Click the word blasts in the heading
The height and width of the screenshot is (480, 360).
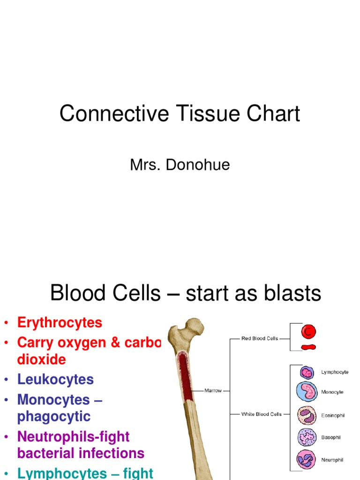pos(290,294)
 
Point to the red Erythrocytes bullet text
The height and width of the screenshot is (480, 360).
pos(60,322)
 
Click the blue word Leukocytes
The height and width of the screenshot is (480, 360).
pos(55,379)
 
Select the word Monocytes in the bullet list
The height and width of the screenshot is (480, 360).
pos(53,400)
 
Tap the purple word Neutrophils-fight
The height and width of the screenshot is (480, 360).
pos(73,436)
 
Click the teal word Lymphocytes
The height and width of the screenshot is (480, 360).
pos(62,473)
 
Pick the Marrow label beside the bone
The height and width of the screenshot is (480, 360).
pos(213,390)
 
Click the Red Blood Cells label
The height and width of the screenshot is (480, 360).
pos(259,338)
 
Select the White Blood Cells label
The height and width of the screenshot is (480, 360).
pos(262,414)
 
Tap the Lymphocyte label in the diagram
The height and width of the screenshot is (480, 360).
pos(335,372)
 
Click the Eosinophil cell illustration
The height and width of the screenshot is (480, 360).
pos(307,415)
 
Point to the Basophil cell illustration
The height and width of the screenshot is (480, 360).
pos(307,437)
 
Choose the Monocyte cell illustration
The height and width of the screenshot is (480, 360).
pos(307,392)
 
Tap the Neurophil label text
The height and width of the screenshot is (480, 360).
pos(332,460)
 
